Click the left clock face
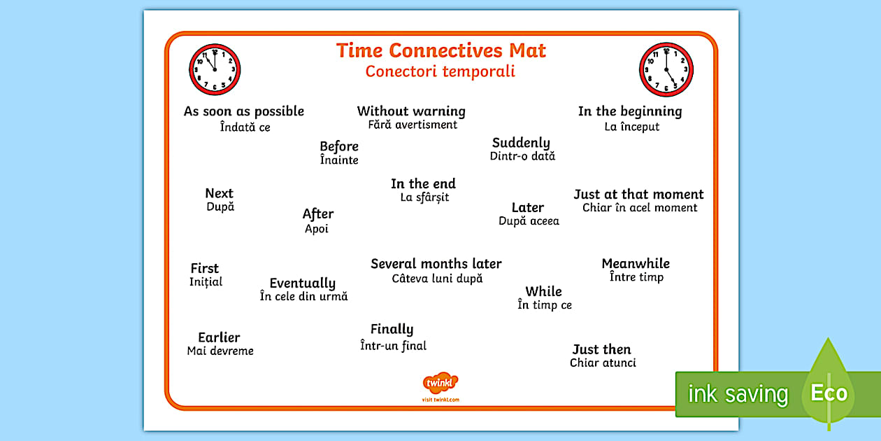[x=215, y=69]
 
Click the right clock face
[x=666, y=69]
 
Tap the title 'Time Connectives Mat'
[x=440, y=50]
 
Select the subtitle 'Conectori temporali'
[x=440, y=71]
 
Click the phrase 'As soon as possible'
[x=244, y=111]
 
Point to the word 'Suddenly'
[x=521, y=143]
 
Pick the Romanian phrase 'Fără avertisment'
[x=413, y=125]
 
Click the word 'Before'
[x=339, y=146]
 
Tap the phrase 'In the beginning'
[x=629, y=111]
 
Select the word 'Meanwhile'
[x=636, y=264]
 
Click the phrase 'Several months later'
[x=436, y=264]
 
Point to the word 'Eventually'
[x=303, y=283]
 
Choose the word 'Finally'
[x=392, y=329]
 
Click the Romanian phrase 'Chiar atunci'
[x=603, y=363]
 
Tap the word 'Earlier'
[x=219, y=337]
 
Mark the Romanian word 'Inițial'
[x=206, y=282]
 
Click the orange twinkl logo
[x=440, y=383]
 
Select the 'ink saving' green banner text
[x=738, y=394]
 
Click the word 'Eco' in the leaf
[x=829, y=393]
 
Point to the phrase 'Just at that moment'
[x=638, y=195]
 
